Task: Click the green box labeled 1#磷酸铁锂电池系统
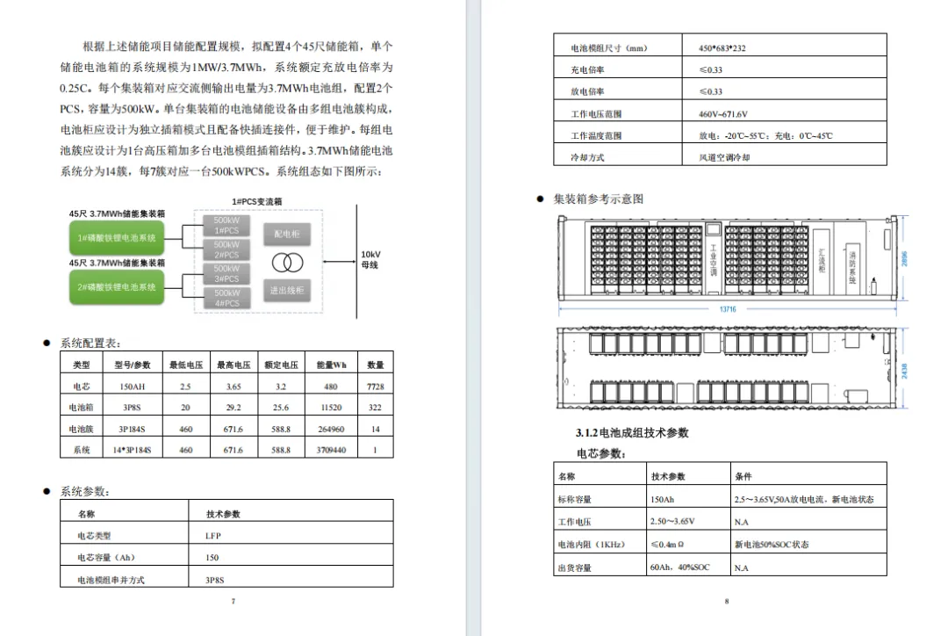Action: pos(117,239)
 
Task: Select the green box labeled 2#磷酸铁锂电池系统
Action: pos(117,287)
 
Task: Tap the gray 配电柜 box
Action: pos(287,235)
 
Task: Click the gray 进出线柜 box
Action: pos(287,290)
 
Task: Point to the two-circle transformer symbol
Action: pos(287,263)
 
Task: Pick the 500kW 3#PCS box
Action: pos(226,273)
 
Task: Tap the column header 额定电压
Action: pos(281,365)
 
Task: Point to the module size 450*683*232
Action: pos(723,47)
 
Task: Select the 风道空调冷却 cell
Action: pos(724,158)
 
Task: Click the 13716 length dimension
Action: pos(729,310)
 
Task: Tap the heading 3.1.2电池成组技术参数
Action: pos(632,433)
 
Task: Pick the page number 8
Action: pos(727,601)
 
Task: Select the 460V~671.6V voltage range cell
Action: pos(722,114)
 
